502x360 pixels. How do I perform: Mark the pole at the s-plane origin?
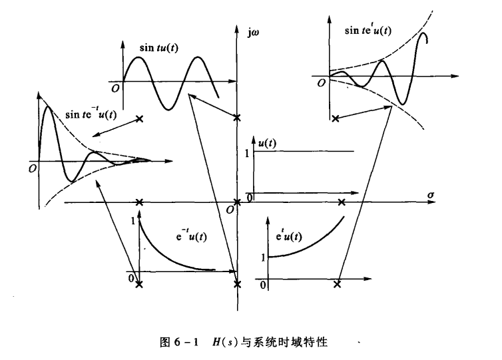(x=238, y=202)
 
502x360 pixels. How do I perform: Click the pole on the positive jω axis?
(x=238, y=118)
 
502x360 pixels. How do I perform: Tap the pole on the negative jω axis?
(x=238, y=284)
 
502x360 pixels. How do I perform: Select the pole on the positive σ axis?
(x=342, y=202)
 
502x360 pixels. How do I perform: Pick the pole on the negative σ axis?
(x=138, y=202)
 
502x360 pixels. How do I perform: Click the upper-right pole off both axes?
(x=335, y=118)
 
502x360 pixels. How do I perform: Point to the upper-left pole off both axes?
(x=138, y=118)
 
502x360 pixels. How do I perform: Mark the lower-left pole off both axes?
(x=138, y=284)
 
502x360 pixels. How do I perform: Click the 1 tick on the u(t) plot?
(x=248, y=152)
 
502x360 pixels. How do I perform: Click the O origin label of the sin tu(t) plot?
(x=116, y=87)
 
